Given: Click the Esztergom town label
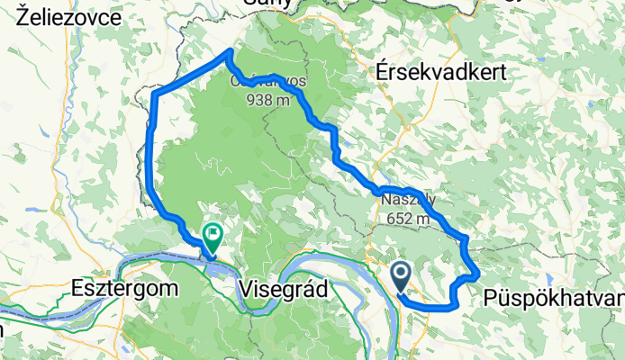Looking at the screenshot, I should point(124,289).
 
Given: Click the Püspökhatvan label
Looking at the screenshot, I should point(553,297).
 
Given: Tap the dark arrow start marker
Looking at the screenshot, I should point(402,274).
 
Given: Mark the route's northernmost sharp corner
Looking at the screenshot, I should point(229,51).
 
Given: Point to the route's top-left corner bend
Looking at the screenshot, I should point(156,94).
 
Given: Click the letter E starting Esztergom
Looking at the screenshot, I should point(77,289).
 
